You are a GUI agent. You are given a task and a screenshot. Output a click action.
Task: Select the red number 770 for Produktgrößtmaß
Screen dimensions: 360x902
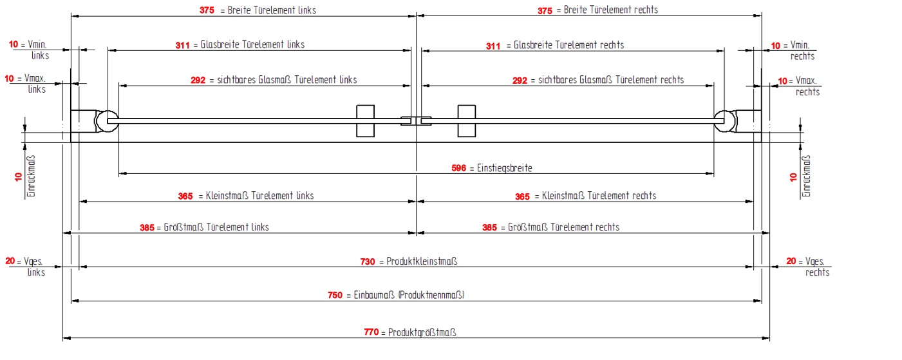pos(371,333)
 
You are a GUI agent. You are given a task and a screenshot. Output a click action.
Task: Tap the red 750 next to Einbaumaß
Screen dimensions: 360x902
pos(335,296)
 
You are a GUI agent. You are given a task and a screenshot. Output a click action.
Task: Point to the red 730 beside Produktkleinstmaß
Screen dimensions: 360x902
pos(368,261)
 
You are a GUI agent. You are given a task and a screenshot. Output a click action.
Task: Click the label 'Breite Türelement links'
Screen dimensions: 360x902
pos(272,10)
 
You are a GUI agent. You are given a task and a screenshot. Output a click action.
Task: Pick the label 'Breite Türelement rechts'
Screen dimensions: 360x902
pos(610,10)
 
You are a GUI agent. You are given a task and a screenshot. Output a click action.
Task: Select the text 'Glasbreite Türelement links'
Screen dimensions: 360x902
pos(252,45)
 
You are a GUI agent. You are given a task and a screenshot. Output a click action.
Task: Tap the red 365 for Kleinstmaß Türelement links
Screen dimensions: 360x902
pos(185,196)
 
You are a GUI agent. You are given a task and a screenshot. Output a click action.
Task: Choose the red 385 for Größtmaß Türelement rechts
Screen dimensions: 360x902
pos(490,227)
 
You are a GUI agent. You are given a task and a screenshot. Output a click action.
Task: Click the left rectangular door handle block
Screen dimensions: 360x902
pos(365,120)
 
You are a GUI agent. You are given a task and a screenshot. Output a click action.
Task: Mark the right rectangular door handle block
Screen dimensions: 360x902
pos(467,120)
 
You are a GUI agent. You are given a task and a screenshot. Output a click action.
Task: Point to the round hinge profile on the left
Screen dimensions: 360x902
pos(106,120)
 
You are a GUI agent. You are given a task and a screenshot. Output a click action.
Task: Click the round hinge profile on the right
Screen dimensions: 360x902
pos(726,120)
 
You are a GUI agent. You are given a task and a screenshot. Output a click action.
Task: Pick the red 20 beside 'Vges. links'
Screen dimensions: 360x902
pos(10,261)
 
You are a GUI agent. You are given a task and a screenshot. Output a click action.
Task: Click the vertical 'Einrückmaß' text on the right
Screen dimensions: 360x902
pos(807,176)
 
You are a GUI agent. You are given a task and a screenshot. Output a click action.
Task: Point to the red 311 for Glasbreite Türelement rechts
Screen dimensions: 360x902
pos(493,46)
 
